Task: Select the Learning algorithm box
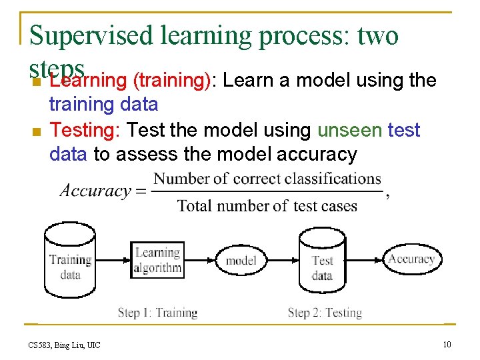(x=157, y=260)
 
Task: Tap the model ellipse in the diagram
(x=241, y=260)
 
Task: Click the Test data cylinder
(x=322, y=262)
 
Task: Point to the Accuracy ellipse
(x=411, y=259)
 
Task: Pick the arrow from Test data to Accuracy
(x=365, y=259)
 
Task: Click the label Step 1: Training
(x=157, y=313)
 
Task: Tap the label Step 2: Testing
(x=325, y=313)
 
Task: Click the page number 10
(x=447, y=344)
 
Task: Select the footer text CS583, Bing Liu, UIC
(x=64, y=345)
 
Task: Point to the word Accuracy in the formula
(x=95, y=191)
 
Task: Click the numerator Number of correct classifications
(x=267, y=179)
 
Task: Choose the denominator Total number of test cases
(x=267, y=206)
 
